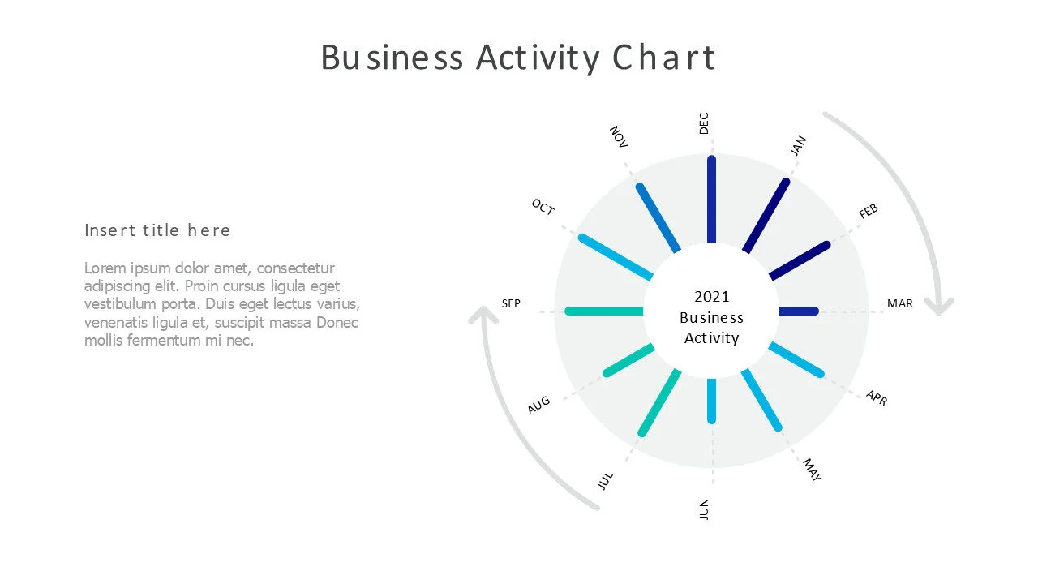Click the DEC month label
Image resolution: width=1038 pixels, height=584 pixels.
point(704,123)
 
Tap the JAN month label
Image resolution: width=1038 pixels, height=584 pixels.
point(799,146)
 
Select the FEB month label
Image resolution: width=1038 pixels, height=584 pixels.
point(869,212)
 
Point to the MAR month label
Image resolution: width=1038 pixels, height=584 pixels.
point(899,303)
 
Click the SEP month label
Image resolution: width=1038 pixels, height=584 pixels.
point(511,303)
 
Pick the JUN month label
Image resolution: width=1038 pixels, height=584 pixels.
point(704,509)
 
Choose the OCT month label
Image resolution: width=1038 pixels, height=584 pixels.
point(543,208)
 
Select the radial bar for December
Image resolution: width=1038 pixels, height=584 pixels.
point(711,200)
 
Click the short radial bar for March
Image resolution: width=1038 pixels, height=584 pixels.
point(799,311)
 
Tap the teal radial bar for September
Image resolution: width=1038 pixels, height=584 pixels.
point(605,311)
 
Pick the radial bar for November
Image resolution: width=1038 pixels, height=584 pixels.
point(658,217)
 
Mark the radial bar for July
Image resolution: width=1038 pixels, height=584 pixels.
point(661,402)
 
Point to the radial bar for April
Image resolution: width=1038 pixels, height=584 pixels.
point(796,359)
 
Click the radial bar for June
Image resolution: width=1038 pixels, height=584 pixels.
point(711,401)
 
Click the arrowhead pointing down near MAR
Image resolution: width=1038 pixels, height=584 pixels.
point(941,307)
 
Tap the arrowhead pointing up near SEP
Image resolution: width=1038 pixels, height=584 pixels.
point(483,316)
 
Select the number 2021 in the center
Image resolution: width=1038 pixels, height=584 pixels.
point(711,297)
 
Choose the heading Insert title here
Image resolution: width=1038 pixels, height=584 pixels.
point(157,230)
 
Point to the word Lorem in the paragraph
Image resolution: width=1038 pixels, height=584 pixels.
point(103,268)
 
